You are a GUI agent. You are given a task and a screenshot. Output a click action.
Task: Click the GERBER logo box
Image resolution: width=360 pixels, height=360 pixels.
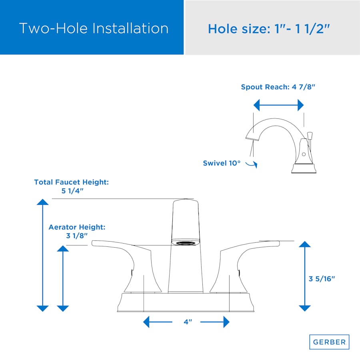pos(329,342)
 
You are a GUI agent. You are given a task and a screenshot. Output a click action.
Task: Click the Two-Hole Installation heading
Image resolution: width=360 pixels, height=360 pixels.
pos(94,28)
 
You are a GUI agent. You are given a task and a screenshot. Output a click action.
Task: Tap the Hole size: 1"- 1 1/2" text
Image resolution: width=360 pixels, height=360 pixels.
pos(269,29)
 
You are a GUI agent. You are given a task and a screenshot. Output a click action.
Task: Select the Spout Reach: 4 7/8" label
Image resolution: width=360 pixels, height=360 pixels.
pos(278,87)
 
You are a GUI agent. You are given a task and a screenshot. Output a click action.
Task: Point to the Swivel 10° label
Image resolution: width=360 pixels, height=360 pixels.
pos(222,163)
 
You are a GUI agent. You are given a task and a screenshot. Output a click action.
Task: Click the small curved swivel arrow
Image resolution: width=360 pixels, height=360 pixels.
pos(252,164)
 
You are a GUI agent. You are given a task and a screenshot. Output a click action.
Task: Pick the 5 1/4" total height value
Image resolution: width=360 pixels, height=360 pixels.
pos(72,191)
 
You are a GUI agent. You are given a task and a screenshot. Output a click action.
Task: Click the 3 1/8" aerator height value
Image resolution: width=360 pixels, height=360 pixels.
pos(77,236)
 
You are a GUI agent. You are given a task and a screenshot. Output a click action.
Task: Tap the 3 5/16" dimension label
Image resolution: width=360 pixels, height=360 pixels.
pos(322,279)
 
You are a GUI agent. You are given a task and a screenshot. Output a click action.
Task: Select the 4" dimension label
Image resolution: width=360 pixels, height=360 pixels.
pos(188,322)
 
